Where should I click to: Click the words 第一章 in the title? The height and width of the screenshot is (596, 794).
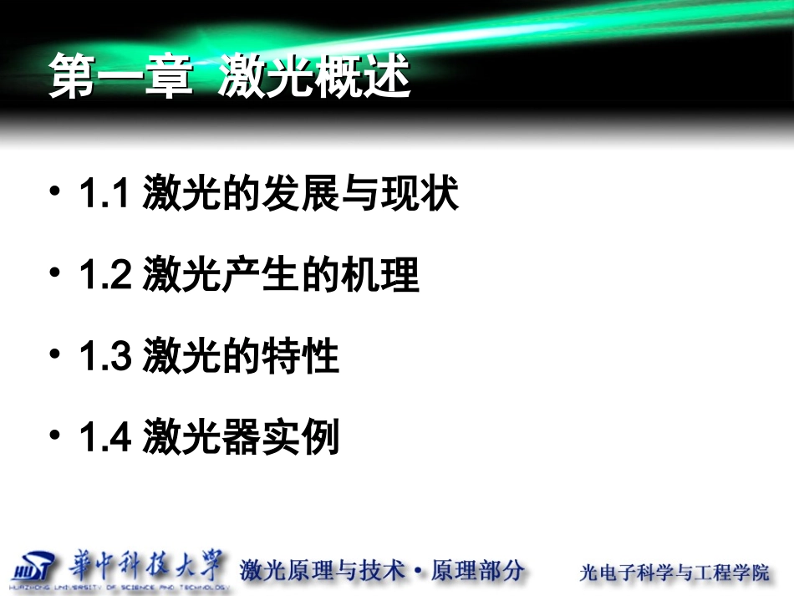[122, 77]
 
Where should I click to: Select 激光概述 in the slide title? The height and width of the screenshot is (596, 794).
[315, 77]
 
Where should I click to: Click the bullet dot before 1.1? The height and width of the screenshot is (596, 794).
[55, 192]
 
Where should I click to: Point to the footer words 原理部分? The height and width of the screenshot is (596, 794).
[477, 570]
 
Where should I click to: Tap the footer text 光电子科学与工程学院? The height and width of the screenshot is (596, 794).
[674, 573]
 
